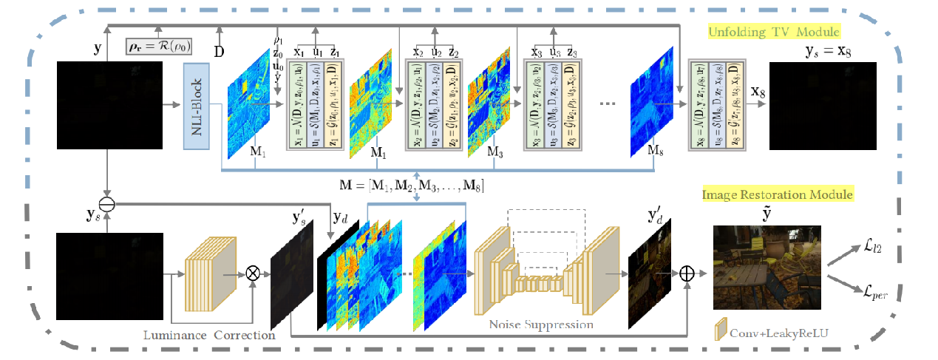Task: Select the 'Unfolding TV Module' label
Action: click(774, 33)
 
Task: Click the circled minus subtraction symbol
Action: click(108, 203)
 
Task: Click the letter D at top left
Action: click(220, 52)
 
